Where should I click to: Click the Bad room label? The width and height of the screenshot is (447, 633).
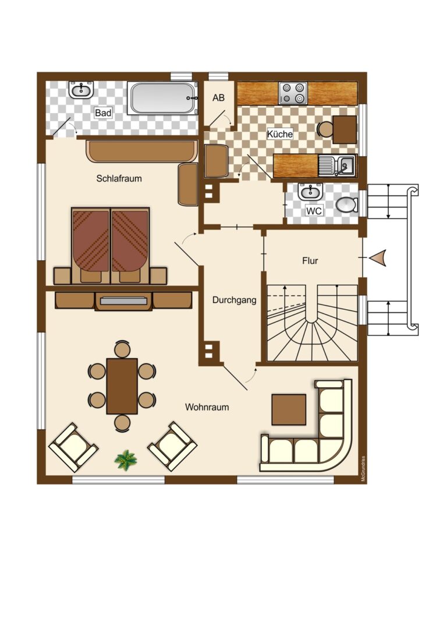click(x=103, y=112)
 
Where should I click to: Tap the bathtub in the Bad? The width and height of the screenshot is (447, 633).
click(x=162, y=98)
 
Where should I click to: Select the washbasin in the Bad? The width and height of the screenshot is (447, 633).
click(x=81, y=90)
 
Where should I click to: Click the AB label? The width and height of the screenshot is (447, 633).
click(x=218, y=98)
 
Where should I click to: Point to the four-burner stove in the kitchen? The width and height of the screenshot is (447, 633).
click(x=293, y=93)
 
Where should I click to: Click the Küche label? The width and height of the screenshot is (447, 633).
click(x=279, y=133)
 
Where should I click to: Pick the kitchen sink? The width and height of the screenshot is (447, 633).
click(x=337, y=166)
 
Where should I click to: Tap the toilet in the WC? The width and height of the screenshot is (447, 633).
click(x=347, y=205)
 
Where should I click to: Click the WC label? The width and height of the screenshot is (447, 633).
click(x=314, y=211)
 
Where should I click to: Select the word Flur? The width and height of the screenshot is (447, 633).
click(x=310, y=261)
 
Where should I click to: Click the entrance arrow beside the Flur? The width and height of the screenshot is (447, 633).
click(x=378, y=258)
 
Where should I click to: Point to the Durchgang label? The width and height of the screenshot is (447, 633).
click(x=234, y=300)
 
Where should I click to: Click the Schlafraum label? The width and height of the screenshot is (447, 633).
click(x=119, y=178)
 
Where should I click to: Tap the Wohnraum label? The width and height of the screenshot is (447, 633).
click(x=207, y=407)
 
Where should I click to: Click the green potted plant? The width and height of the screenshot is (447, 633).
click(x=126, y=459)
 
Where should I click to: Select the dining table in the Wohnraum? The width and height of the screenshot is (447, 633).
click(x=122, y=386)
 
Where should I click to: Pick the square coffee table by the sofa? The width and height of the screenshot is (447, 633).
click(x=289, y=409)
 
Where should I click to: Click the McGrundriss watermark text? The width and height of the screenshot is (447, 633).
click(x=363, y=469)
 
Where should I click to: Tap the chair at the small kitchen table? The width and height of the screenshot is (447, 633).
click(x=325, y=129)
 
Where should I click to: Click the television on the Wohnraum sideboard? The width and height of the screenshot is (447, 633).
click(x=123, y=300)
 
